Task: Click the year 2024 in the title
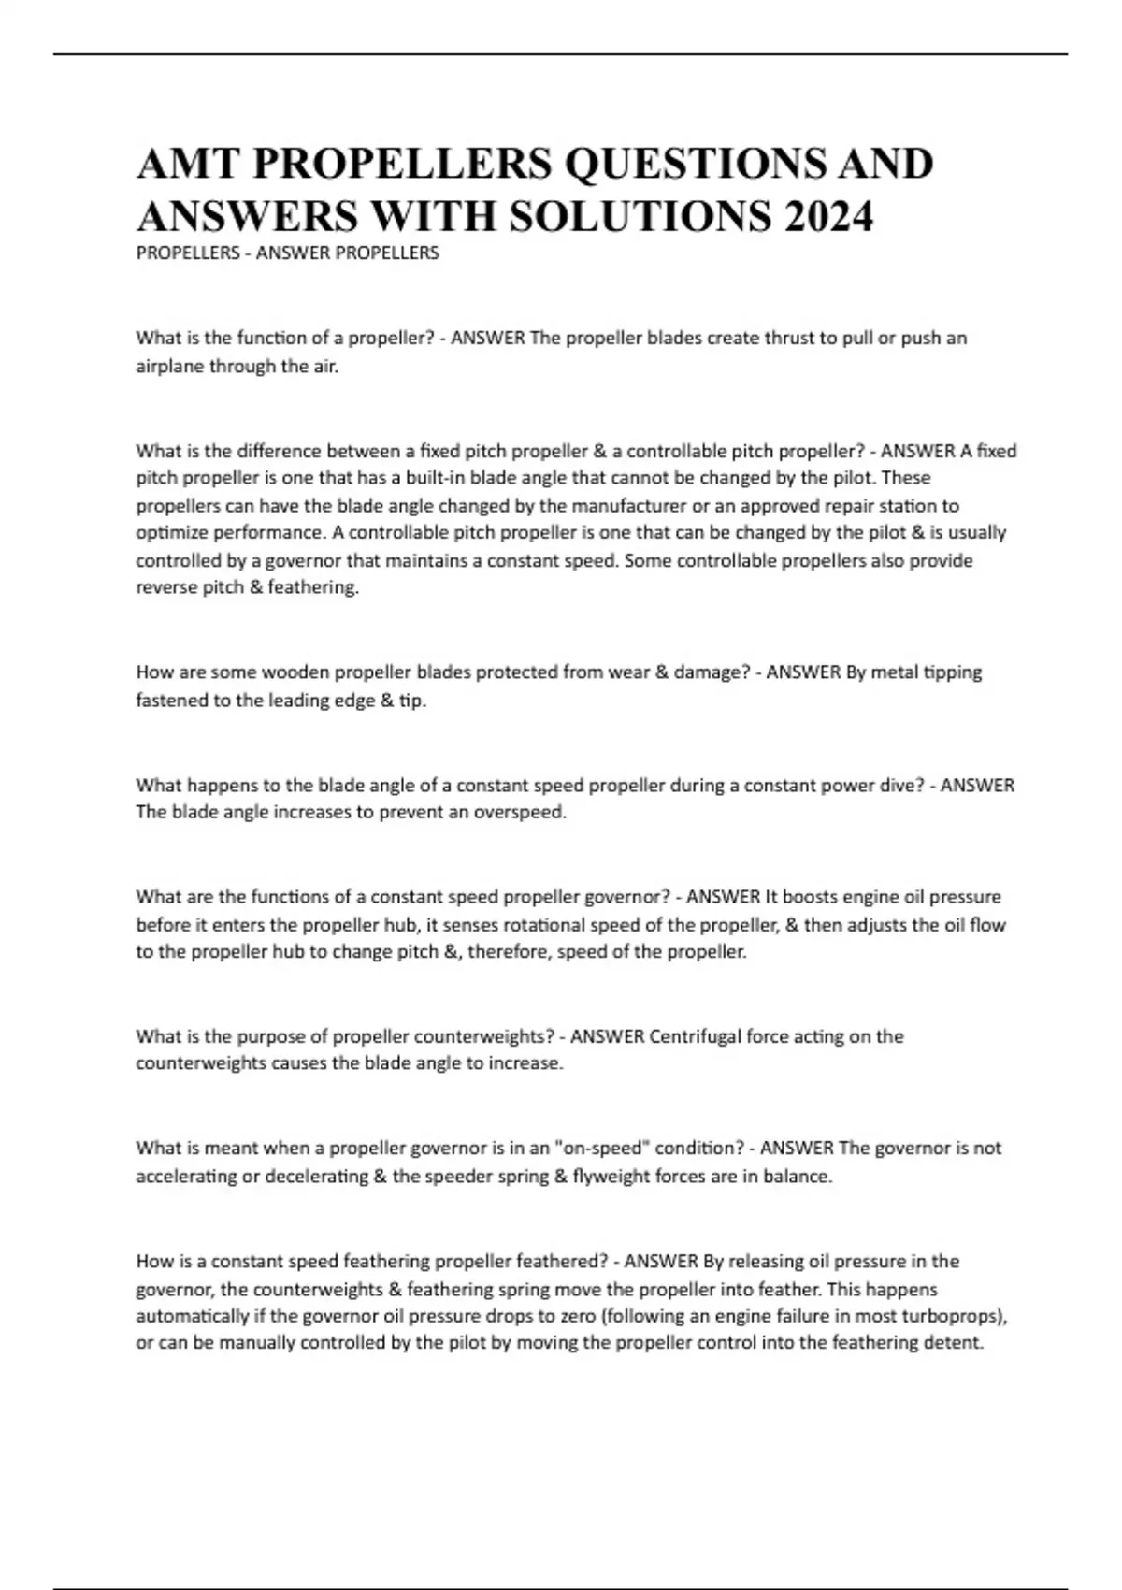pyautogui.click(x=829, y=217)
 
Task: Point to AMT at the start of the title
pyautogui.click(x=187, y=164)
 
